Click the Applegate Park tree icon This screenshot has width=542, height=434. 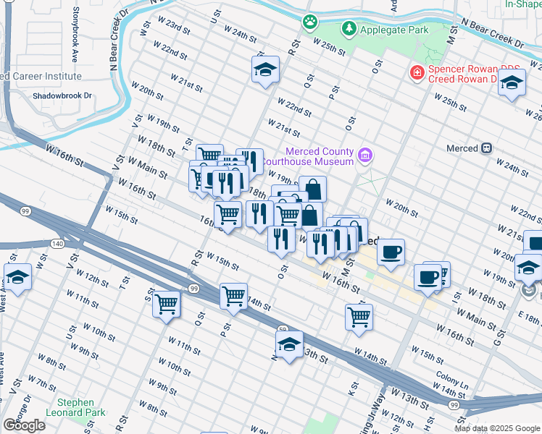pyautogui.click(x=350, y=28)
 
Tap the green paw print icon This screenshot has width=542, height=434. pyautogui.click(x=310, y=22)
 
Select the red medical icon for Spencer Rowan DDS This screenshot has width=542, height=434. pyautogui.click(x=417, y=72)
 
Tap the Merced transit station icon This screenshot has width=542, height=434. pyautogui.click(x=486, y=148)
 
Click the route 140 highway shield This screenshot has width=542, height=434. pyautogui.click(x=57, y=244)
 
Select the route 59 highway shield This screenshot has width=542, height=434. pyautogui.click(x=283, y=331)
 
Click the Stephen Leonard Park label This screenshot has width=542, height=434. pyautogui.click(x=75, y=407)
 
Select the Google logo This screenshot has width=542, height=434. pyautogui.click(x=24, y=425)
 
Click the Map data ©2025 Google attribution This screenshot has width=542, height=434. pyautogui.click(x=496, y=428)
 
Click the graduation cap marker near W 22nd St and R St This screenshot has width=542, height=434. pyautogui.click(x=266, y=70)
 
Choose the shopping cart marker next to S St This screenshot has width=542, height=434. pyautogui.click(x=167, y=303)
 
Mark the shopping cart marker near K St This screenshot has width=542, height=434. pyautogui.click(x=359, y=315)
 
